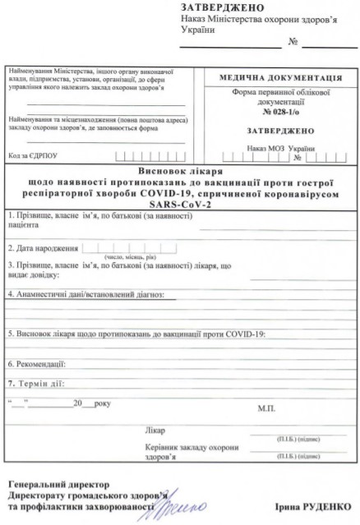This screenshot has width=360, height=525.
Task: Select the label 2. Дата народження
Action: (43, 247)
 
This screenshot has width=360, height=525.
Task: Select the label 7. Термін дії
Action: (36, 383)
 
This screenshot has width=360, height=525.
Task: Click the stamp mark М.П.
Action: (266, 408)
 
